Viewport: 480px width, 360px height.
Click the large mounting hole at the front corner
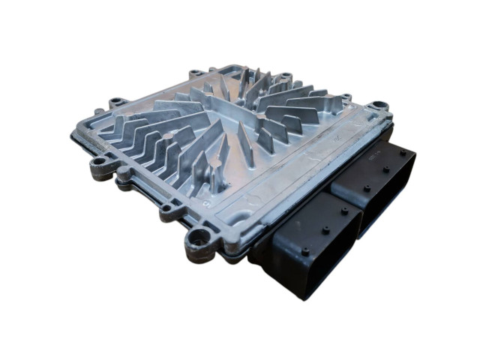199,238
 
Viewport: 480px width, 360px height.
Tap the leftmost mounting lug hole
98,162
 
